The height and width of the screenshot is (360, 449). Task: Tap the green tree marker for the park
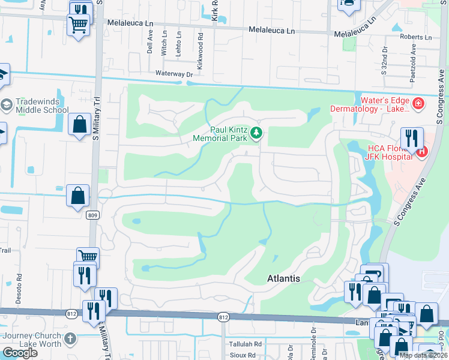click(256, 133)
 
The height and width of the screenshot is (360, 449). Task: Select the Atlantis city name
click(283, 279)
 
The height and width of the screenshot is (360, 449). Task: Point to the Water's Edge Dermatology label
click(370, 104)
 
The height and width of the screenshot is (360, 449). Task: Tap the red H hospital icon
click(421, 152)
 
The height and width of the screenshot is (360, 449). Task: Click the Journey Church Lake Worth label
click(31, 340)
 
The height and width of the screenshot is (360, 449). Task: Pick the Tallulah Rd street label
click(246, 344)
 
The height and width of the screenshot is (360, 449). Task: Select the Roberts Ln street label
click(403, 37)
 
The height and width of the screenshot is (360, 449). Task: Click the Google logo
click(20, 353)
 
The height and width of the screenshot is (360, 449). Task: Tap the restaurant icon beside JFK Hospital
click(412, 139)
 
